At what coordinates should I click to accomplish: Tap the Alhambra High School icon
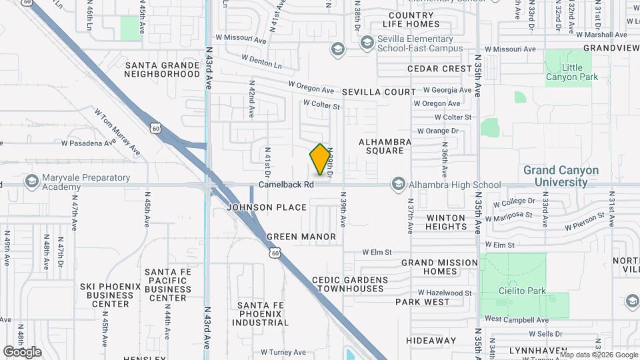click(x=399, y=184)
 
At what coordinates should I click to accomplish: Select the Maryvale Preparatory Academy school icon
click(x=31, y=181)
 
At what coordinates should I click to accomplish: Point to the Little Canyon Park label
click(x=571, y=72)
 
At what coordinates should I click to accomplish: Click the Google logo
click(x=22, y=352)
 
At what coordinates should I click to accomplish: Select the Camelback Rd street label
click(x=286, y=184)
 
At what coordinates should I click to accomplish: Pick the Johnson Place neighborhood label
click(x=267, y=207)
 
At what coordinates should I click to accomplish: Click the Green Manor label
click(x=301, y=237)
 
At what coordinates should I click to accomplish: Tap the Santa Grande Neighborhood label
click(x=163, y=69)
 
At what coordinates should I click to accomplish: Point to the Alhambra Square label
click(x=385, y=146)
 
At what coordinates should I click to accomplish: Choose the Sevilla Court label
click(x=379, y=92)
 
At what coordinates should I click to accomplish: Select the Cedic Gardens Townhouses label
click(x=350, y=284)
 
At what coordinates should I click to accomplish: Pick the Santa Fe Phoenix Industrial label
click(x=261, y=314)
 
